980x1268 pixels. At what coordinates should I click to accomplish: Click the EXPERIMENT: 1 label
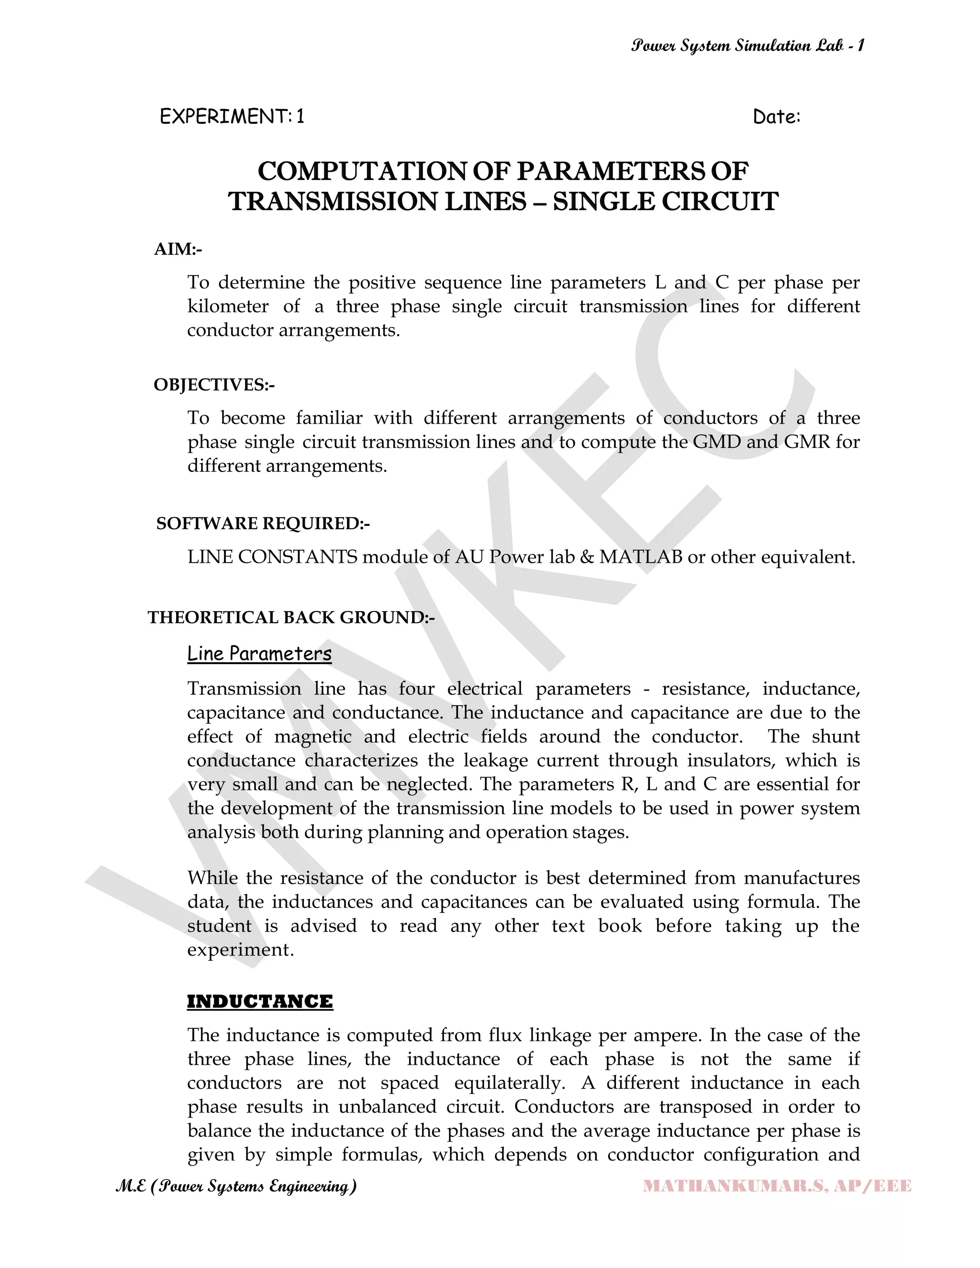[x=232, y=117]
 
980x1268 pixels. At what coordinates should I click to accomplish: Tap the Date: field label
[x=776, y=117]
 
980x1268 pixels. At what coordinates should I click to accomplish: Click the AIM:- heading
[x=178, y=249]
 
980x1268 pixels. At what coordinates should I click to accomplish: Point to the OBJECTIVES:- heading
[x=213, y=384]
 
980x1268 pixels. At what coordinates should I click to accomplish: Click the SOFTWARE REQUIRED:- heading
[x=262, y=523]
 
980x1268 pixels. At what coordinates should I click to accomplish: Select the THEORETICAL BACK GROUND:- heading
[x=291, y=617]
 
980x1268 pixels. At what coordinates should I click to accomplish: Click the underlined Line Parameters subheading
[x=259, y=654]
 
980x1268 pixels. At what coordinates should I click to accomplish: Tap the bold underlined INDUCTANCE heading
[x=259, y=1001]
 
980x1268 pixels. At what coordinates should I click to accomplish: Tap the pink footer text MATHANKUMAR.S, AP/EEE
[x=777, y=1186]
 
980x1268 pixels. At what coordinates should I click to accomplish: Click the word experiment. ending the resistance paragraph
[x=240, y=949]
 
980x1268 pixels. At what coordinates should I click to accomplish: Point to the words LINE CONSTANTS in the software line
[x=272, y=557]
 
